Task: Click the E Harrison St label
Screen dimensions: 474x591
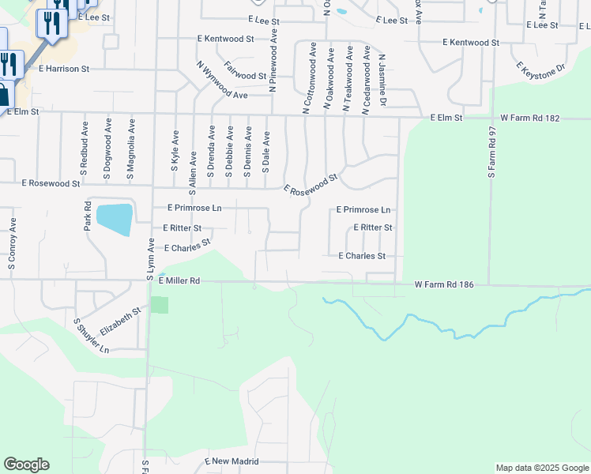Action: [x=64, y=69]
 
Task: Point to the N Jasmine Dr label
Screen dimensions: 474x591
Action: [x=382, y=81]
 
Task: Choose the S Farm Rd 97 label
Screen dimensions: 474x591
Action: [x=491, y=152]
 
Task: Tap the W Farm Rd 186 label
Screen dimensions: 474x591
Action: [x=444, y=284]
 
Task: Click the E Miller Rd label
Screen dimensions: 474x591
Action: [x=180, y=280]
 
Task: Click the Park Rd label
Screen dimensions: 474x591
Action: [x=88, y=216]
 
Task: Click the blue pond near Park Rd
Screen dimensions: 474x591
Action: [x=114, y=219]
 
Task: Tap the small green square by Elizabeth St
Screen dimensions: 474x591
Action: [x=160, y=305]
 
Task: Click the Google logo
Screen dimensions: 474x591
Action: [x=26, y=465]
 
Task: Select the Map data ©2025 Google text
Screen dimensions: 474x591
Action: [x=542, y=468]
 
